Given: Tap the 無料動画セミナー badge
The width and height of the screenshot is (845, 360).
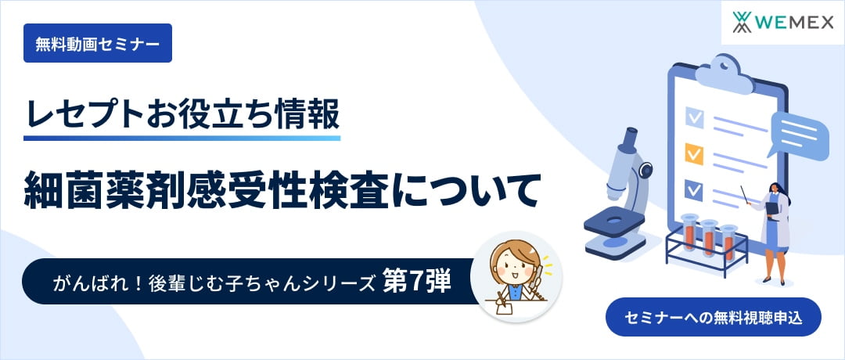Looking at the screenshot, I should (97, 44).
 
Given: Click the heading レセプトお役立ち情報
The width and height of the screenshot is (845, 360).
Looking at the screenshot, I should (182, 113).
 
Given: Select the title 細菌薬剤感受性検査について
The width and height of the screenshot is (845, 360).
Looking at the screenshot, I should (282, 189).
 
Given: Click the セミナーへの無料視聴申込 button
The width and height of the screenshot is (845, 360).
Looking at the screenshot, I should (713, 317).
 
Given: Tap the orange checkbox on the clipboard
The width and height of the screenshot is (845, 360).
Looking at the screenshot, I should (694, 152).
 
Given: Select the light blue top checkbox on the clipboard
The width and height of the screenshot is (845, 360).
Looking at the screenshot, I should (694, 117).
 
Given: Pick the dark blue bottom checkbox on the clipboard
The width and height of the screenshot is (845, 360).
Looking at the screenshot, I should (694, 189).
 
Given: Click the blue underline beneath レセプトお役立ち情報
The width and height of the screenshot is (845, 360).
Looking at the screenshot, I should (182, 138).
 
